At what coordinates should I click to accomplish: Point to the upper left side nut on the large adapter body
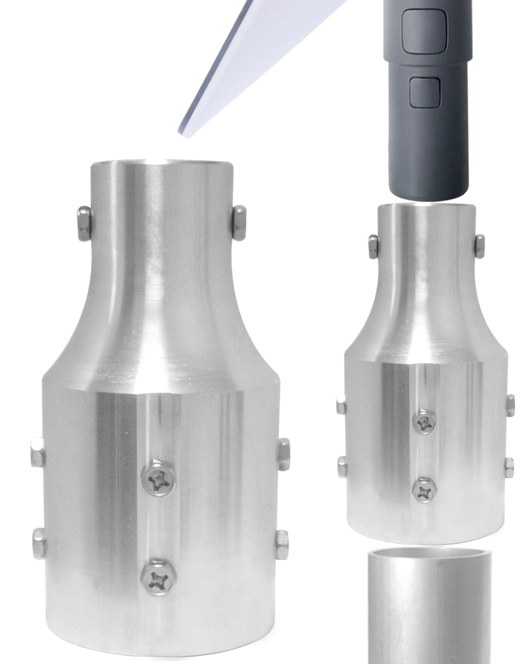[37, 452]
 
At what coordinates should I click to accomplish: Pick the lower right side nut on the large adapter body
[281, 544]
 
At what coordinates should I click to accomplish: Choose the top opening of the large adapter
[162, 162]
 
